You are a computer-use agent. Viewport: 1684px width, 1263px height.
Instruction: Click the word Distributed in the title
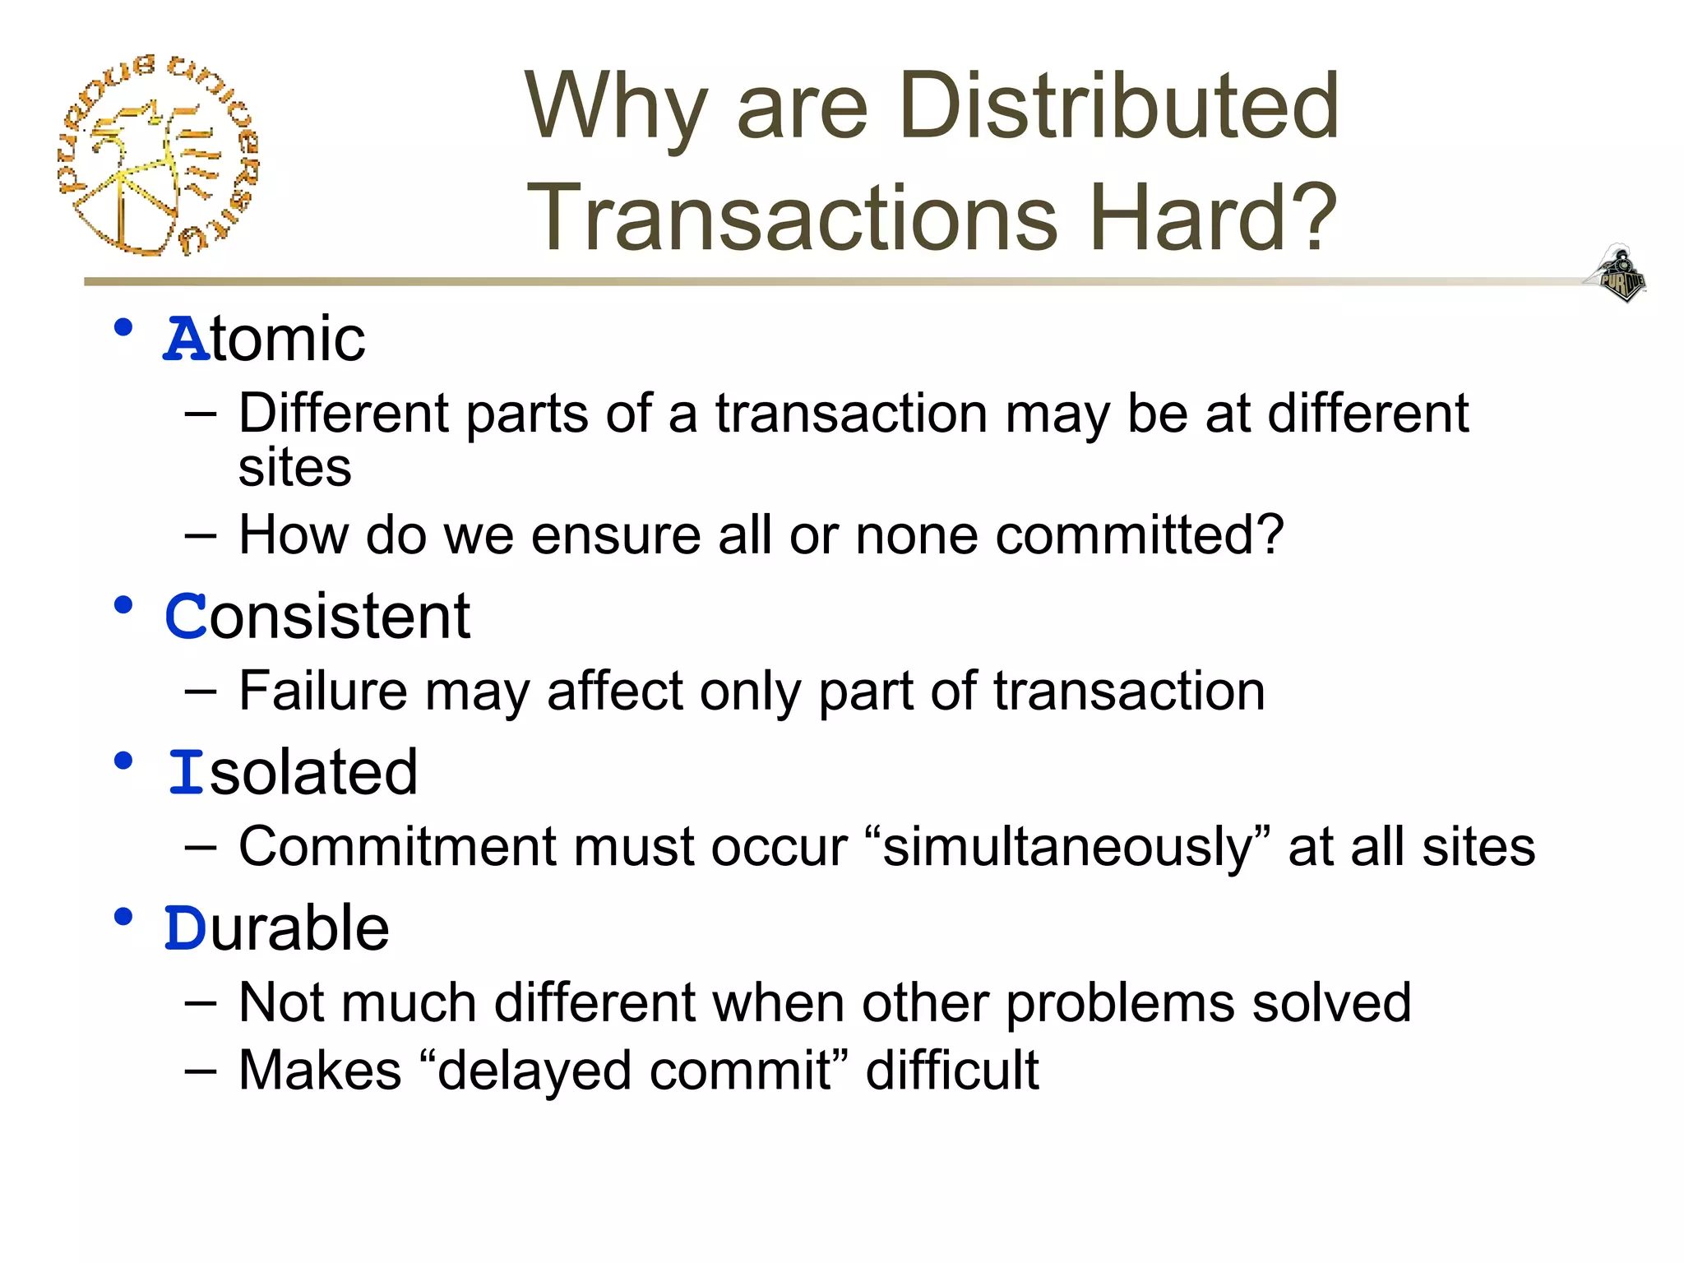(1119, 106)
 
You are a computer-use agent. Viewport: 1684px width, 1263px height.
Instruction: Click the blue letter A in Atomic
(187, 339)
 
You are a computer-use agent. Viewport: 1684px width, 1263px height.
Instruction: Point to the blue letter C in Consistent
(186, 617)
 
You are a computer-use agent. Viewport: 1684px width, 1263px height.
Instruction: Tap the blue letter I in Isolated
(187, 773)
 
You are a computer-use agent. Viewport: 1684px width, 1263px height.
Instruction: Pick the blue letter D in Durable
(185, 928)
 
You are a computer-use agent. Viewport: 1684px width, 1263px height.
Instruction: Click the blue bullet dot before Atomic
(123, 327)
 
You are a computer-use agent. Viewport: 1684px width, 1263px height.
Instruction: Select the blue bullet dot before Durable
(123, 916)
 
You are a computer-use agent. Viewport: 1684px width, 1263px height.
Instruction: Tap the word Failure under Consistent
(322, 691)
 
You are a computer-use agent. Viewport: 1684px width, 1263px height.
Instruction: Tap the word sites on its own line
(294, 468)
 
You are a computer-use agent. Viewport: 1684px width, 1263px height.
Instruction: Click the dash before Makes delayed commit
(201, 1071)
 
